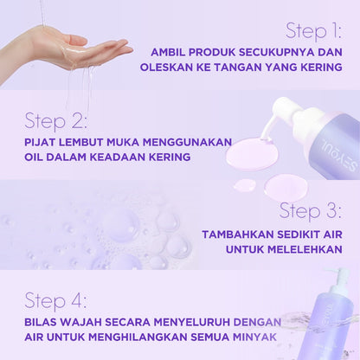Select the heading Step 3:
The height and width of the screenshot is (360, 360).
click(310, 210)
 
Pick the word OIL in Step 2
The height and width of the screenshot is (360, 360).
click(36, 157)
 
